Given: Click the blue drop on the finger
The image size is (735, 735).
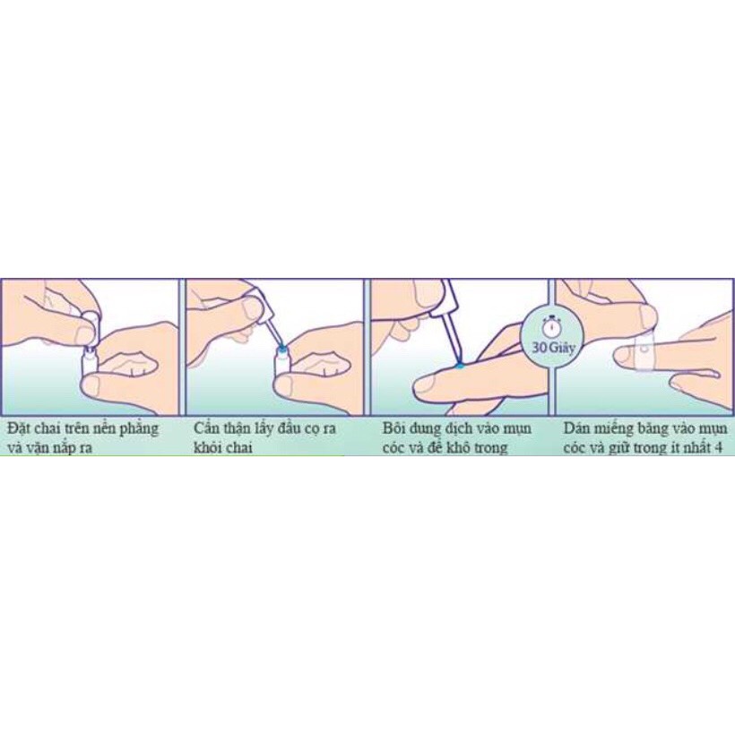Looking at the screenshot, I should click(x=459, y=365).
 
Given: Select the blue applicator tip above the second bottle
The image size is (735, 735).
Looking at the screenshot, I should click(x=282, y=343).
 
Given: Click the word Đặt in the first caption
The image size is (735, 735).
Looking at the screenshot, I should click(x=22, y=428).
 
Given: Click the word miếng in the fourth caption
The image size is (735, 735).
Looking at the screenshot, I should click(x=626, y=428).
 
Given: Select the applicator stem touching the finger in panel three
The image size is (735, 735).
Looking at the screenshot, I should click(x=448, y=336).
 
